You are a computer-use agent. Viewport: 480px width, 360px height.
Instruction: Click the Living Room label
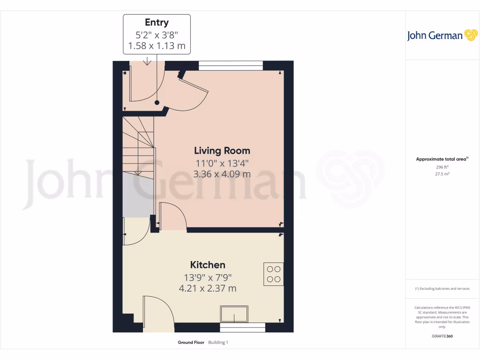coord(222,150)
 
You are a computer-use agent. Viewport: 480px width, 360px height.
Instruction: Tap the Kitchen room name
coord(208,265)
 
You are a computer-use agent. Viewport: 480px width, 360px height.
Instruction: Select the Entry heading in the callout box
coord(157,22)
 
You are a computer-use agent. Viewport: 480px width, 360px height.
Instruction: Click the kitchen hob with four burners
coord(273,274)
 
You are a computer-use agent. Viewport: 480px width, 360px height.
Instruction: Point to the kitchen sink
coord(234,313)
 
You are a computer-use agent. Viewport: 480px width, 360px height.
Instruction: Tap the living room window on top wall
coord(231,66)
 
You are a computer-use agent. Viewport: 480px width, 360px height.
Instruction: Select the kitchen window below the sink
coord(242,327)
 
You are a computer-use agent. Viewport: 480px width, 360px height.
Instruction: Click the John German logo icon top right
coord(470,35)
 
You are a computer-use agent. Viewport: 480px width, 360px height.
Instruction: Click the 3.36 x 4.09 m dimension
coord(222,174)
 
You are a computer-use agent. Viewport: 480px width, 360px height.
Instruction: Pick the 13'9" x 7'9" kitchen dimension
coord(208,277)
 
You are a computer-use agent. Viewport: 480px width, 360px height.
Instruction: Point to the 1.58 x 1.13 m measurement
coord(157,46)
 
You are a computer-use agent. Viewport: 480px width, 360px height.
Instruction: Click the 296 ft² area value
coord(442,167)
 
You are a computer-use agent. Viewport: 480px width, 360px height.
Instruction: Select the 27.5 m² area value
coord(442,174)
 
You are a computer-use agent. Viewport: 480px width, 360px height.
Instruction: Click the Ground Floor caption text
coord(191,343)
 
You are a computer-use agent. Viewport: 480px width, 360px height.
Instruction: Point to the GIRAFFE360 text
coord(442,336)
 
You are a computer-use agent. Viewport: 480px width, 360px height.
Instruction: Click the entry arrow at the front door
coord(147,61)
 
